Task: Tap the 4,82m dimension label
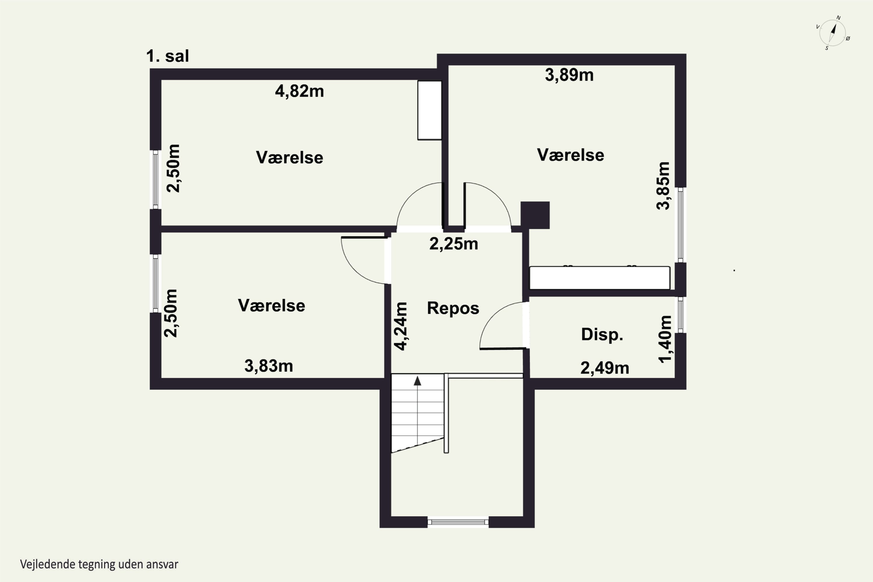299,91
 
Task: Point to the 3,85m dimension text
663,186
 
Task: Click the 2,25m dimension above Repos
454,244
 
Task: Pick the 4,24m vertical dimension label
401,326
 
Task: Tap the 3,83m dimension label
268,366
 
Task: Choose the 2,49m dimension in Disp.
605,368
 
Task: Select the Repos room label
453,308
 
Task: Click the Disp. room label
602,334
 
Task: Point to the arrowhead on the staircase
418,381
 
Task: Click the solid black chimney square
535,215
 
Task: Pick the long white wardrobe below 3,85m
599,278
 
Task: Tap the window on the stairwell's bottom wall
458,522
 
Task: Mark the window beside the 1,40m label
680,315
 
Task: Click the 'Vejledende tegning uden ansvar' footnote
99,565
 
